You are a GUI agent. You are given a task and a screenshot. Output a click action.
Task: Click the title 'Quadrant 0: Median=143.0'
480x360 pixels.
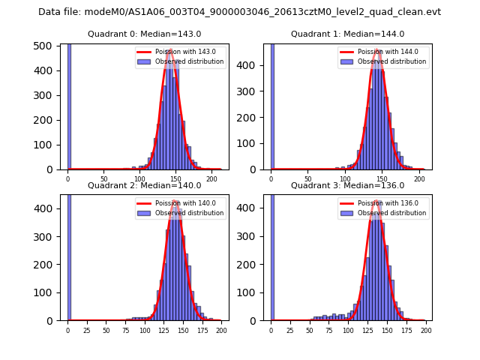point(145,34)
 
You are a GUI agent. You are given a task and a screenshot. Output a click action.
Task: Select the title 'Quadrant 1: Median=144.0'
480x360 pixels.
point(348,34)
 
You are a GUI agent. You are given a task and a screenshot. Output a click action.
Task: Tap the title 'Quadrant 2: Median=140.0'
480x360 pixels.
point(145,185)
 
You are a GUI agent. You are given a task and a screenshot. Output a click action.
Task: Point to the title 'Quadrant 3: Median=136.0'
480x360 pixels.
point(348,185)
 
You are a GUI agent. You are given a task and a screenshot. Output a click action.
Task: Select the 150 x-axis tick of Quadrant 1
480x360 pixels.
point(382,178)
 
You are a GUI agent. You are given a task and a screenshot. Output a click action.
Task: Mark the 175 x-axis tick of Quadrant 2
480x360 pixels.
point(202,330)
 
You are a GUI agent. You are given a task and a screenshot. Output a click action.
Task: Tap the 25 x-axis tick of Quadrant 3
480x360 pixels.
point(290,330)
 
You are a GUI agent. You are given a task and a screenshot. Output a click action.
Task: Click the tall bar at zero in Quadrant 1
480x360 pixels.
point(272,105)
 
